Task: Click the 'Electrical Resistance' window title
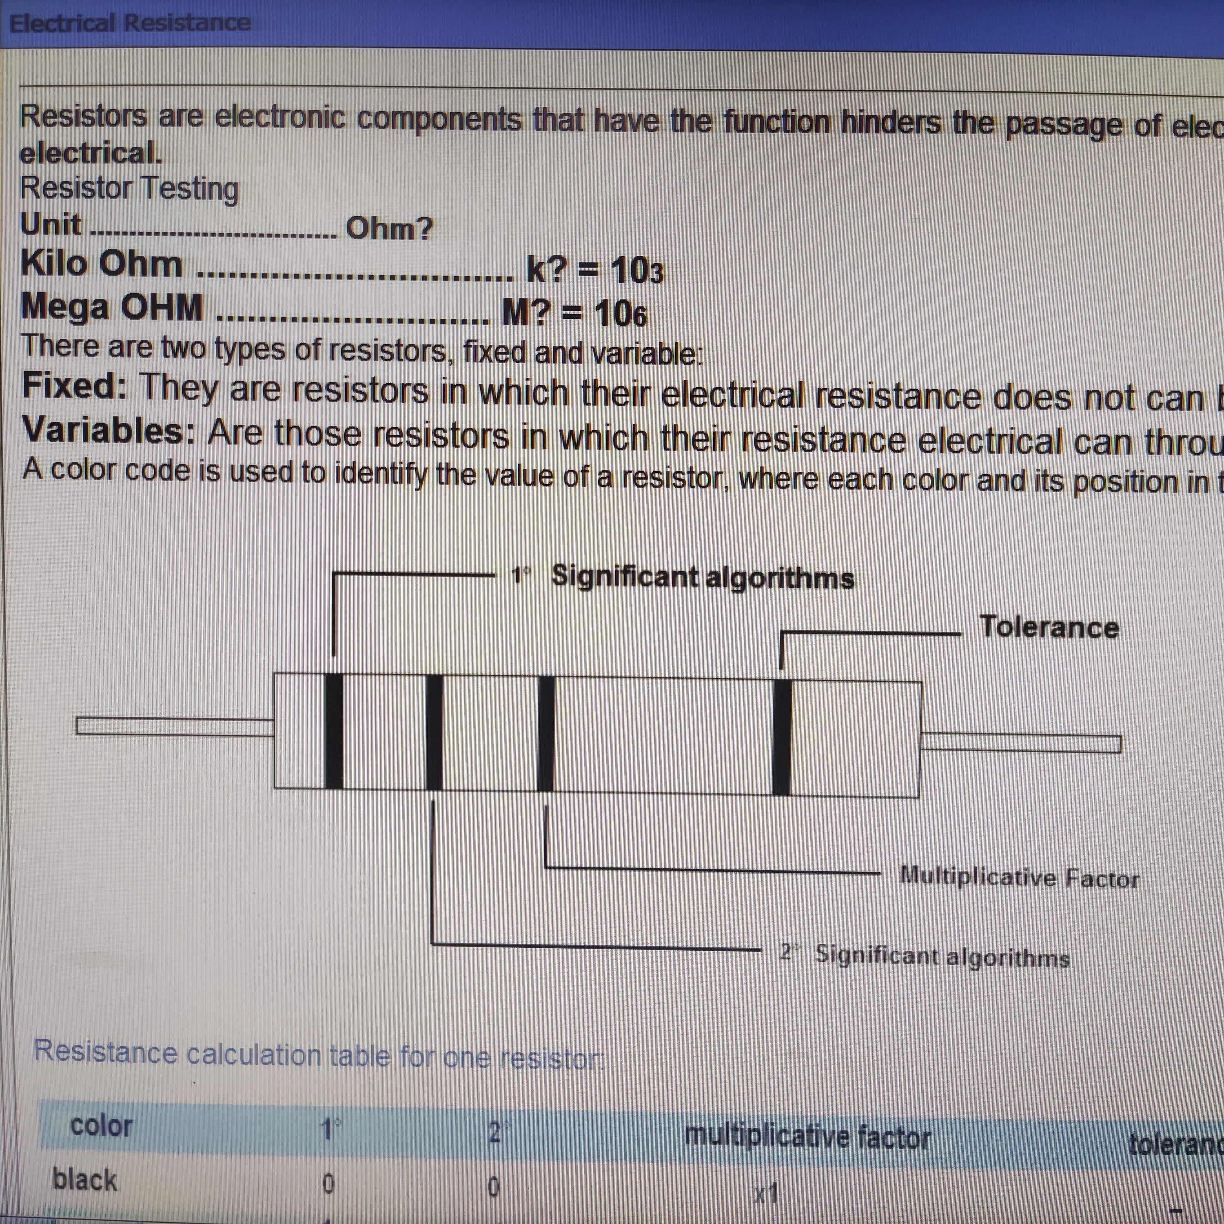click(130, 23)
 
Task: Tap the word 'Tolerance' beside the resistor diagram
click(1049, 627)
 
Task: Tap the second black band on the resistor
click(434, 732)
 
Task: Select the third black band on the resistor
click(545, 734)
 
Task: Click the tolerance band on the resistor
click(782, 737)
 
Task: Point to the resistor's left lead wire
click(175, 726)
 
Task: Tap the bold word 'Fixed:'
click(75, 386)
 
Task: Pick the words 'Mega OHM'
click(112, 307)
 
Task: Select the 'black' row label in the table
click(85, 1180)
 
